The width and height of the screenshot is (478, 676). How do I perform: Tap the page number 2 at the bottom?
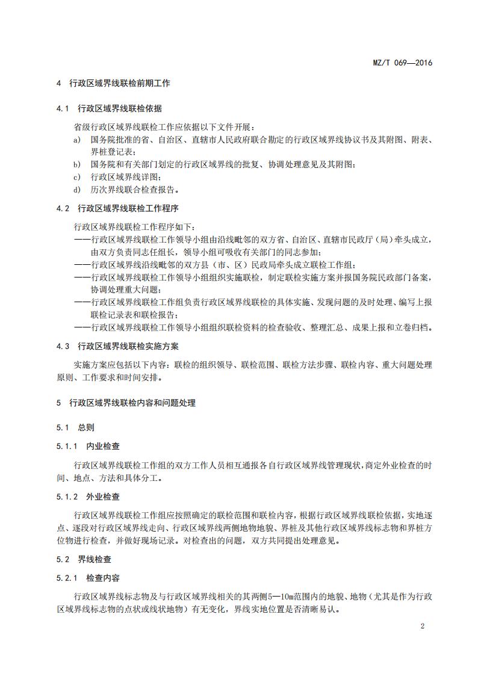(x=423, y=626)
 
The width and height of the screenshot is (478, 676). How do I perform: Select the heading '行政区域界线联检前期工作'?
(x=120, y=84)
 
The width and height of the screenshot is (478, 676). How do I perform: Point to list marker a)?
(x=77, y=140)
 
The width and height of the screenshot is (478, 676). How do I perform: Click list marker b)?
(x=77, y=164)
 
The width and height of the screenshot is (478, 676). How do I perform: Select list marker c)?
(x=77, y=177)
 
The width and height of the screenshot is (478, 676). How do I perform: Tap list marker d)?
(x=77, y=190)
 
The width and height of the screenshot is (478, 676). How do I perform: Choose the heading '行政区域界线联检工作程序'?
(x=128, y=208)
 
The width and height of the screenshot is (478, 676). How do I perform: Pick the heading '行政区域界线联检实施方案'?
(x=128, y=347)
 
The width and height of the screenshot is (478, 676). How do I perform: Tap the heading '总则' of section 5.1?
(x=86, y=427)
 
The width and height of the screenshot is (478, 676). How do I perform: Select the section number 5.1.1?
(x=67, y=446)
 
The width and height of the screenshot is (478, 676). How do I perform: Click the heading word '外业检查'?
(x=103, y=497)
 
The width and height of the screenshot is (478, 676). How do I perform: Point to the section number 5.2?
(x=63, y=559)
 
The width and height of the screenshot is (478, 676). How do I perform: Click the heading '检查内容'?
(x=103, y=578)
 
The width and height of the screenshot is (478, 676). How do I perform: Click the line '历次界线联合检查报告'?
(x=135, y=190)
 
